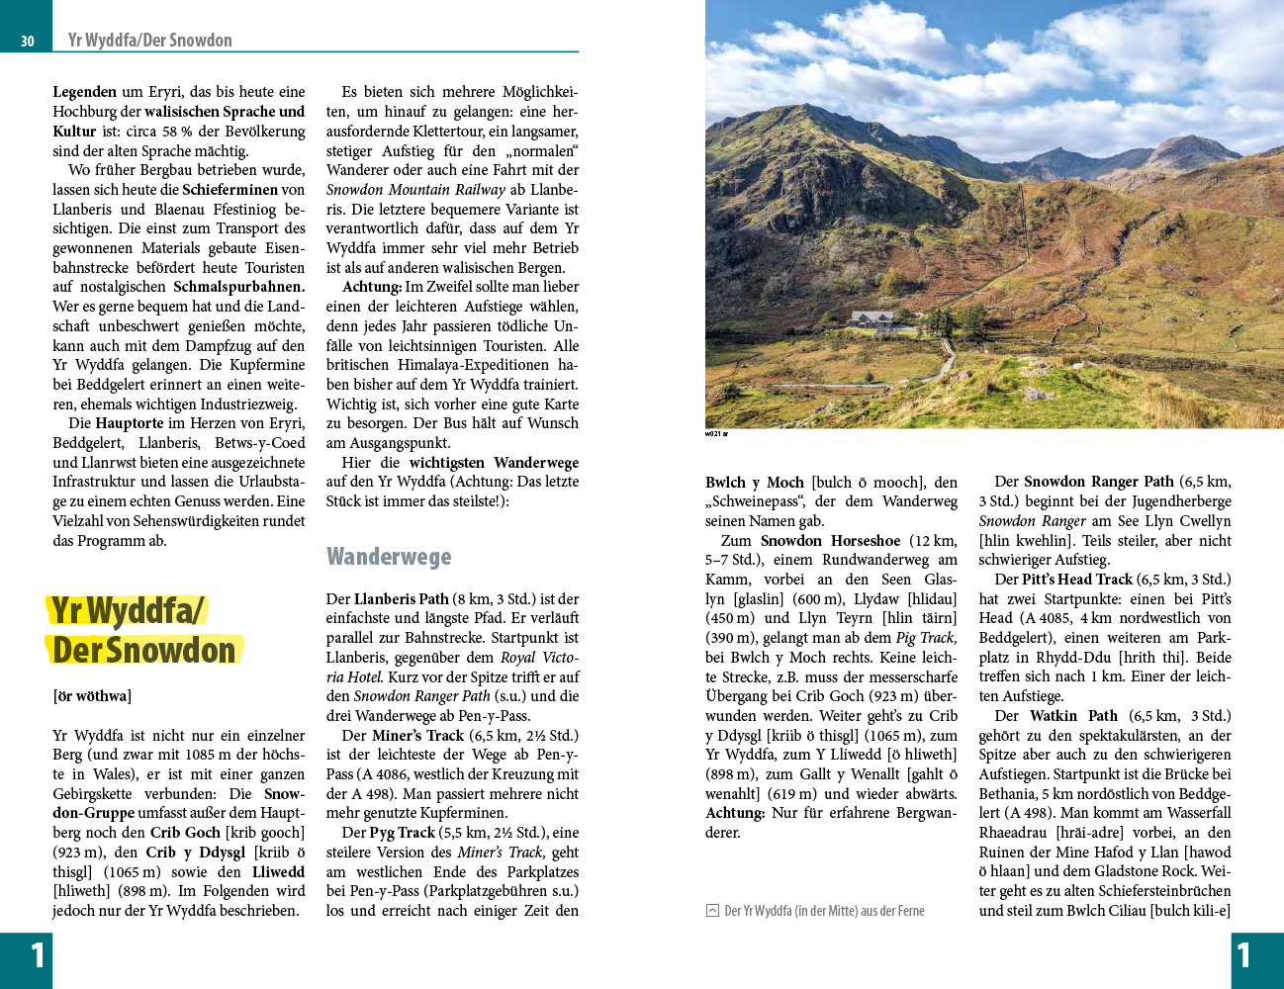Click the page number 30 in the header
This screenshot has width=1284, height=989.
click(x=27, y=41)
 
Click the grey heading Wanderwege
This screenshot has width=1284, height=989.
click(x=389, y=557)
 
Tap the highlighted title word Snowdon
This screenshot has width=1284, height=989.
click(x=171, y=651)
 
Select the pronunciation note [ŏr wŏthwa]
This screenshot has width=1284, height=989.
click(x=92, y=696)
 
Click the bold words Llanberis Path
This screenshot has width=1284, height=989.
click(x=401, y=599)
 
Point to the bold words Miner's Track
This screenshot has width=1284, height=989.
click(x=417, y=736)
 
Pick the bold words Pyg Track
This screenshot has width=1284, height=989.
click(x=402, y=833)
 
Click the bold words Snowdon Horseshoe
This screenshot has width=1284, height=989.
click(x=830, y=541)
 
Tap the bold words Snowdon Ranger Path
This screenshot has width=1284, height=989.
click(x=1098, y=482)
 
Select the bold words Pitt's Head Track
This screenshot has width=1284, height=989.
click(x=1077, y=580)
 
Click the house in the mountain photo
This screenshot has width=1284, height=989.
click(x=874, y=318)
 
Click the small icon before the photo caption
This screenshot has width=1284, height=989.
click(x=712, y=911)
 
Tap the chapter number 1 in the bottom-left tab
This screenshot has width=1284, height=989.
click(x=38, y=955)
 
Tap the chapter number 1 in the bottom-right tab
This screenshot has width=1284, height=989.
click(x=1243, y=955)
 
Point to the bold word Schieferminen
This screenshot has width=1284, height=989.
click(x=229, y=190)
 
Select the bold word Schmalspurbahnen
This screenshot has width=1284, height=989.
click(x=238, y=287)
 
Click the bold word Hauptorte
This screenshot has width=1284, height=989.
click(x=129, y=423)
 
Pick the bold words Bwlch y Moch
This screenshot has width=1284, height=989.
click(x=754, y=483)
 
